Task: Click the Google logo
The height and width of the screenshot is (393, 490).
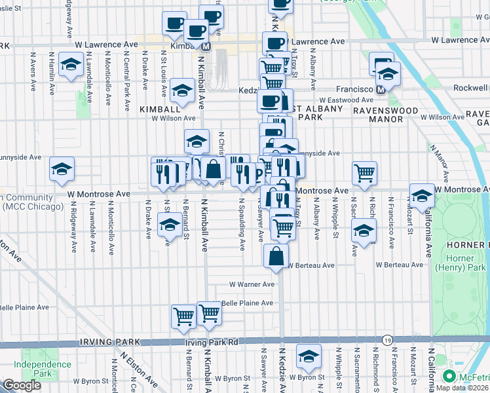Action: coord(22,385)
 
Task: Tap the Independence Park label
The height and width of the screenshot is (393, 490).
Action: coord(42,369)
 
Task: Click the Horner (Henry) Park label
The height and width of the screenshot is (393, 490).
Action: coord(470,263)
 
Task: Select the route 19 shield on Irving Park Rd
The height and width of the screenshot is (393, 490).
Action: coord(388,341)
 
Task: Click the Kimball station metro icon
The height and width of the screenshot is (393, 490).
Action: coord(206,47)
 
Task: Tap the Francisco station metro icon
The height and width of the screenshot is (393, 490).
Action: coord(380,89)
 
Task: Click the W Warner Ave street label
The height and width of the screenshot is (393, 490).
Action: coord(252,285)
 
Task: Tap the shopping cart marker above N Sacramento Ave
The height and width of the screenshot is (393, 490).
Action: coord(364,173)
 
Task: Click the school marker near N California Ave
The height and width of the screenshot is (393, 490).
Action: coord(422,195)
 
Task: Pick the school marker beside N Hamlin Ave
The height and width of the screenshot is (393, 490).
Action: coord(70,65)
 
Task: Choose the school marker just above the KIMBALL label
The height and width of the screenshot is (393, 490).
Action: coord(181,90)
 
